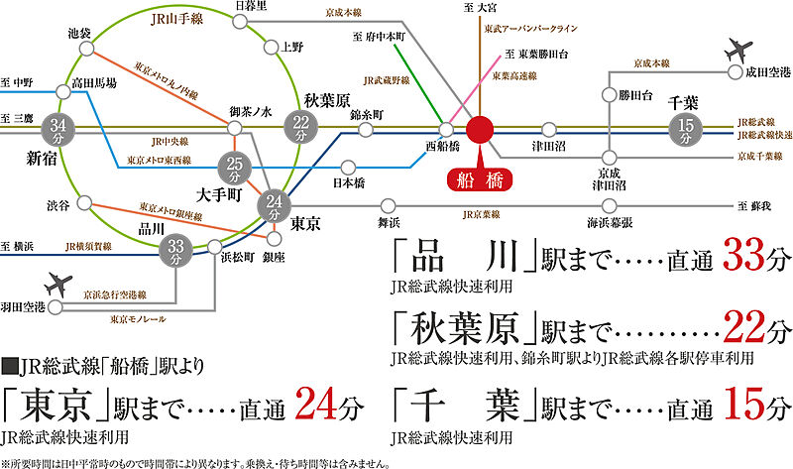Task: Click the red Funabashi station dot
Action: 480,130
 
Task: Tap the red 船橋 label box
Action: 480,180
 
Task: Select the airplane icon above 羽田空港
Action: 58,285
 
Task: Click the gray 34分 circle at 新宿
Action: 57,130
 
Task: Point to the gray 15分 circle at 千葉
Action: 686,129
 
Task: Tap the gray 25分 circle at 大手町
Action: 234,169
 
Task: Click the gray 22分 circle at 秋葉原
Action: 301,128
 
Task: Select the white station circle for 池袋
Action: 87,49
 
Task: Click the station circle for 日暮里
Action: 240,21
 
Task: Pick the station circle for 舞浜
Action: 388,206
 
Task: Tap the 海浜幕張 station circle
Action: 610,206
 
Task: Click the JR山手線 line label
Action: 177,19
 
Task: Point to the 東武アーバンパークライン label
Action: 530,29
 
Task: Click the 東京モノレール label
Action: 138,319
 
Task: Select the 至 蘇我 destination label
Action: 754,206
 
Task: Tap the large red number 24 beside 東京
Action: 316,404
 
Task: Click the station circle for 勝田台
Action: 610,94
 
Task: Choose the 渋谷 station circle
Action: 84,203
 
